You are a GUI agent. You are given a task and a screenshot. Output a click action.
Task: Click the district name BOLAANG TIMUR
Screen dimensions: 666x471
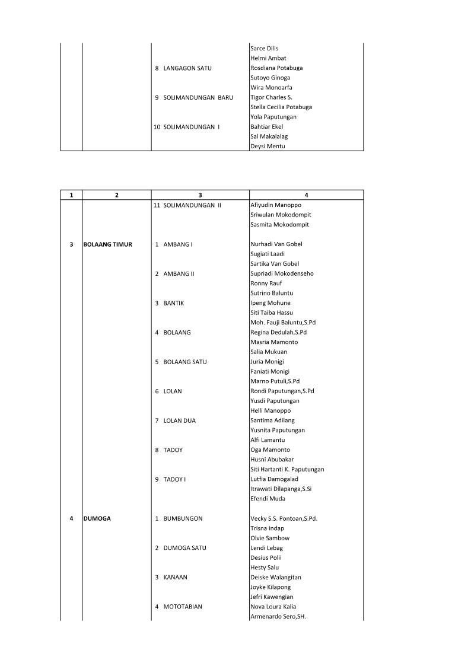(108, 244)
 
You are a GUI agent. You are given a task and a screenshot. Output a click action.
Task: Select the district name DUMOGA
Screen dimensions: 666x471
(97, 518)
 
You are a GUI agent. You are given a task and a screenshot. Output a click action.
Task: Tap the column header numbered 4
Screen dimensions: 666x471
(306, 195)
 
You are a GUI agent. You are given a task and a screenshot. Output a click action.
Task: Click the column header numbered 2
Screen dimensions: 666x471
(117, 195)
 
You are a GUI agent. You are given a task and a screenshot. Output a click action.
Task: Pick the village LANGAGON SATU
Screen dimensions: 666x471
(187, 68)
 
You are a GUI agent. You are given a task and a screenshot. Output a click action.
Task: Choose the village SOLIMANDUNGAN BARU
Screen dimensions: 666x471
(198, 97)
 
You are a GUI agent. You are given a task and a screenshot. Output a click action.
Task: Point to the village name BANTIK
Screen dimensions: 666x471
(174, 303)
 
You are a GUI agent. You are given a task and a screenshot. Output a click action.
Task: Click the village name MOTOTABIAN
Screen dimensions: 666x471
(183, 607)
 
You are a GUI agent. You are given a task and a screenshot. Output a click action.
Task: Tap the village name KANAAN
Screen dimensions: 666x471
(175, 577)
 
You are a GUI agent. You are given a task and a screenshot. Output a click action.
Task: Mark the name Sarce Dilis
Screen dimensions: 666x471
(265, 49)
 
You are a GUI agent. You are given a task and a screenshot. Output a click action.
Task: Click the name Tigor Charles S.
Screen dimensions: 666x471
(272, 97)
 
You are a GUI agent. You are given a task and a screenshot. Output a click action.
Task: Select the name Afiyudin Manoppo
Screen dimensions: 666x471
(276, 205)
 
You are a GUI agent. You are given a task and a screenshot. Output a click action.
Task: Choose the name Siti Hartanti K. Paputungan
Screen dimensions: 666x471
(287, 469)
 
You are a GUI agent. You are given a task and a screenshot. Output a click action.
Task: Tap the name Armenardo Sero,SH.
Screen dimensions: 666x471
(278, 617)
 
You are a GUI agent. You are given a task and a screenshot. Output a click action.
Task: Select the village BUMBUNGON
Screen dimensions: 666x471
(183, 518)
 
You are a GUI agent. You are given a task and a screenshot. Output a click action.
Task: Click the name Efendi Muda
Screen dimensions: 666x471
(268, 499)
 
